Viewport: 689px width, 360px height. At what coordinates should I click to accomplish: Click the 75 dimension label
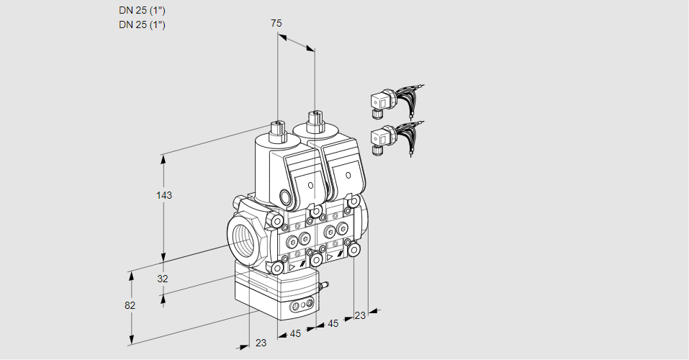point(276,23)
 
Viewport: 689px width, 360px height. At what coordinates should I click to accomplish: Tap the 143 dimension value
point(165,195)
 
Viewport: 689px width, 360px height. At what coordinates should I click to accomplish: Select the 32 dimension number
point(162,279)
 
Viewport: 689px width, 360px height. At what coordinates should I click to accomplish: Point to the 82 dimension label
point(130,305)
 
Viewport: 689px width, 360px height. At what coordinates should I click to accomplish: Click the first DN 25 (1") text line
point(142,10)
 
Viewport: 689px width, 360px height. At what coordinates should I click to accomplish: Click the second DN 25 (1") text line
point(142,24)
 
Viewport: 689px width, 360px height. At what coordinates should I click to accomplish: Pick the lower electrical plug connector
point(379,137)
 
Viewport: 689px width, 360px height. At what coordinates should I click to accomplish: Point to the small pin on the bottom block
point(323,287)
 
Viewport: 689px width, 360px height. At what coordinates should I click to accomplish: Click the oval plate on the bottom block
point(302,307)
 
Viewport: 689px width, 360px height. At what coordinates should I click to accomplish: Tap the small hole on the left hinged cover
point(311,186)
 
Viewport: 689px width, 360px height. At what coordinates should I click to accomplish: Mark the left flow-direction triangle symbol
point(292,267)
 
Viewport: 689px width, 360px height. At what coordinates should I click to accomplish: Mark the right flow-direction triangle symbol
point(330,256)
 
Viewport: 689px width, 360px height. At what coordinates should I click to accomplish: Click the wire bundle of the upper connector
point(411,98)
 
